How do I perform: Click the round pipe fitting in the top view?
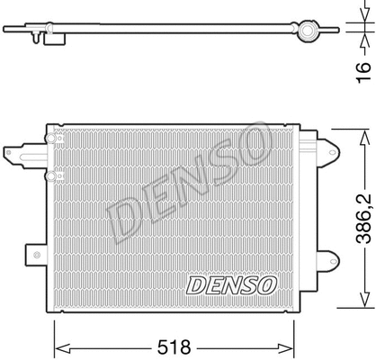310,31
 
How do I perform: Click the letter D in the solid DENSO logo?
195,285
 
